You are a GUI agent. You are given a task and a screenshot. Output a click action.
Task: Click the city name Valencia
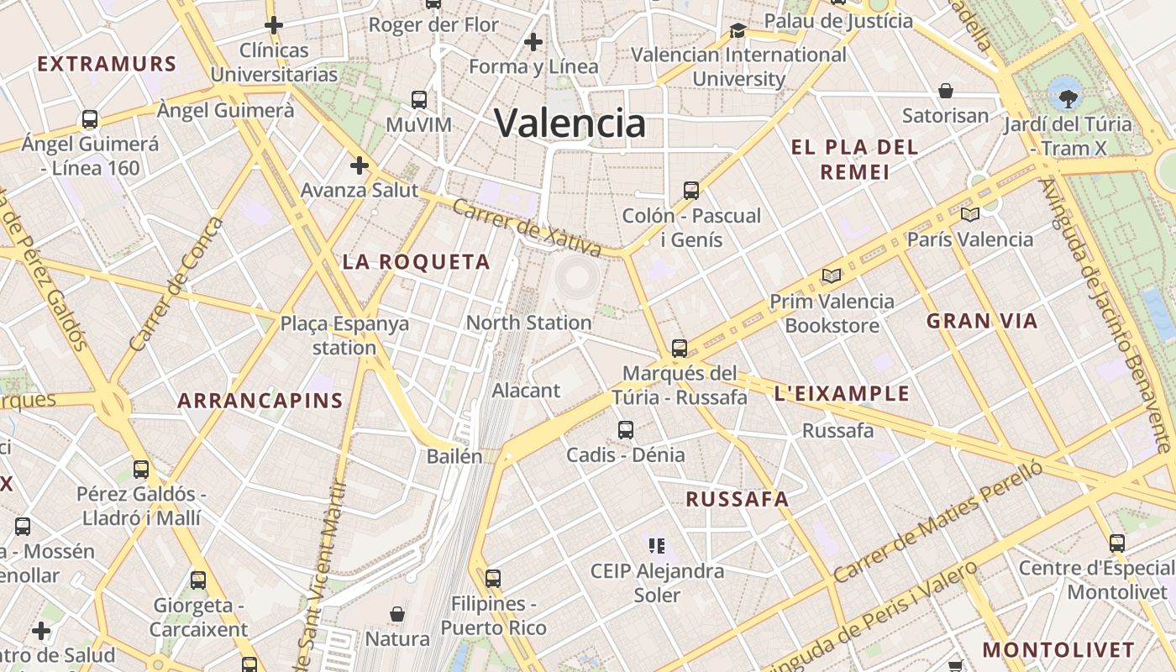[x=570, y=123]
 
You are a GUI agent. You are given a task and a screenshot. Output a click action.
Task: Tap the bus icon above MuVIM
[x=419, y=100]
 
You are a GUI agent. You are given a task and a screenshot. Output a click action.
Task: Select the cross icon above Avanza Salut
[x=360, y=165]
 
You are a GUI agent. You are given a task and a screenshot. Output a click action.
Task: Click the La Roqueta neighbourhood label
[x=416, y=262]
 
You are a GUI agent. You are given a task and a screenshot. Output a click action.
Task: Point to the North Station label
[x=528, y=323]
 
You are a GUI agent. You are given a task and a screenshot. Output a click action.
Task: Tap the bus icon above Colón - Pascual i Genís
[x=691, y=191]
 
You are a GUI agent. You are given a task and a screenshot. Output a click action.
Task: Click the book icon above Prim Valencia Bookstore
[x=832, y=276]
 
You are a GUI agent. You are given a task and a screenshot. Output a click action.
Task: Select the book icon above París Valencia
[x=970, y=214]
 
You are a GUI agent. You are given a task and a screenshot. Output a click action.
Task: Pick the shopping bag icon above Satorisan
[x=946, y=90]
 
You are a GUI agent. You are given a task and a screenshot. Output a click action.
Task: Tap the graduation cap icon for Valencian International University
[x=738, y=30]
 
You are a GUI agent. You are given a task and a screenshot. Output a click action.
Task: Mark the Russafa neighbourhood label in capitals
[x=737, y=499]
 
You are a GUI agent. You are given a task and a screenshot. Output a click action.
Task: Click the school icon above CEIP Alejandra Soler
[x=657, y=546]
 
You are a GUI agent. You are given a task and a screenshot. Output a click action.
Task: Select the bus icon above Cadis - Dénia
[x=626, y=430]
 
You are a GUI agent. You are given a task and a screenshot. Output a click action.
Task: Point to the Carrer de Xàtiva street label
[x=526, y=227]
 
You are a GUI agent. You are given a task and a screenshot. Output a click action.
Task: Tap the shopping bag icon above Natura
[x=397, y=614]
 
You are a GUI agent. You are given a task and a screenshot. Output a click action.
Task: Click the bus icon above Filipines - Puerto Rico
[x=493, y=579]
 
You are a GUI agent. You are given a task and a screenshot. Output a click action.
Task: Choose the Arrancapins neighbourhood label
[x=260, y=401]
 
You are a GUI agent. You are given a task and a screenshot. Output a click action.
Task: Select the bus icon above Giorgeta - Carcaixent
[x=198, y=580]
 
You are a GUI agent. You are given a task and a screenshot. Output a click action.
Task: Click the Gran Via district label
[x=981, y=320]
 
